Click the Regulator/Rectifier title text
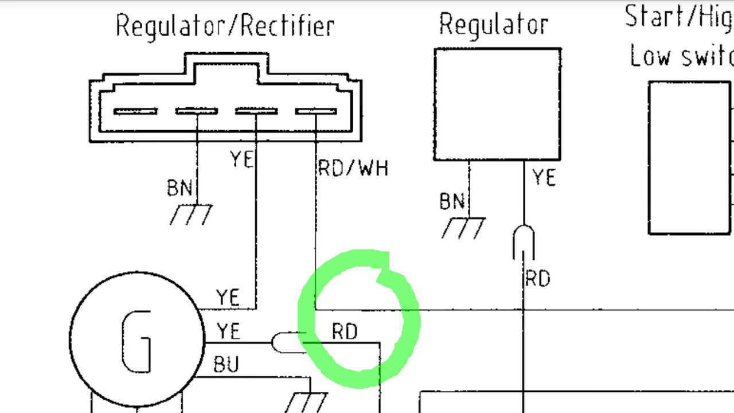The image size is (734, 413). [225, 26]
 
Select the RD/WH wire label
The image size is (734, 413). [353, 169]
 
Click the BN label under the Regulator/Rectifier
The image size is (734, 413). [179, 188]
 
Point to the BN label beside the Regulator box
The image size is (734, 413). [452, 201]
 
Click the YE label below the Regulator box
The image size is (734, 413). [544, 178]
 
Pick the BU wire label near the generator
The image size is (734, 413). [226, 365]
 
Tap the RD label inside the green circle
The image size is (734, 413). [345, 332]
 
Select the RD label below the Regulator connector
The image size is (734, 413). [537, 279]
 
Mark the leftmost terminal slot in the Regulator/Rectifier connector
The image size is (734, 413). [135, 111]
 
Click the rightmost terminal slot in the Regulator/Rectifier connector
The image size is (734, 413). [316, 111]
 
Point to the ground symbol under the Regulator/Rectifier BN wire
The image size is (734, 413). [191, 215]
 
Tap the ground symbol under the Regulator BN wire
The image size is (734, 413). [463, 227]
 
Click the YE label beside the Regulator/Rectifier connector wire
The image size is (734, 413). [241, 159]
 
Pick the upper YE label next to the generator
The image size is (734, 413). [228, 298]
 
